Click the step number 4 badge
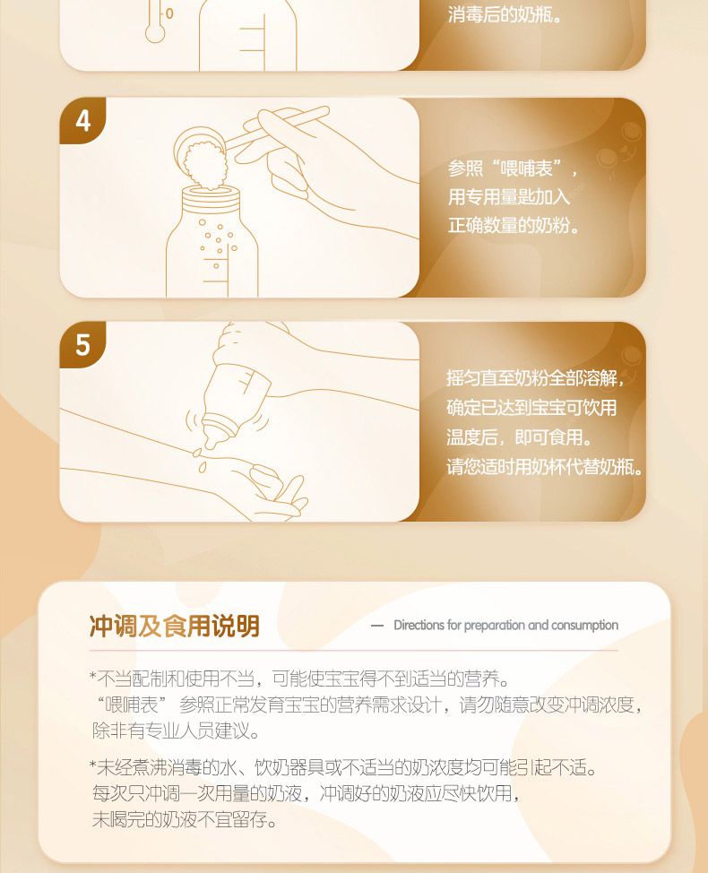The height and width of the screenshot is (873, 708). (82, 120)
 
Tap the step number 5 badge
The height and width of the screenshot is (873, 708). (82, 345)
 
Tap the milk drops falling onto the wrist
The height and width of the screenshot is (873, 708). (201, 460)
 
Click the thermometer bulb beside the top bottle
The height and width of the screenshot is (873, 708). (155, 33)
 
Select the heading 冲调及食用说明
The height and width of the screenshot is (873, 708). (174, 626)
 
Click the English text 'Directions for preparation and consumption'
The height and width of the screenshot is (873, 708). (506, 626)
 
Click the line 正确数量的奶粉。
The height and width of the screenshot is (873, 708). (514, 226)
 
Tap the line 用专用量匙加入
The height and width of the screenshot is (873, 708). (509, 196)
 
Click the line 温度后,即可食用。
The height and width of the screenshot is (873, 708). (519, 436)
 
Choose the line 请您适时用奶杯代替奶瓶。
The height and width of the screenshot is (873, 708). (544, 466)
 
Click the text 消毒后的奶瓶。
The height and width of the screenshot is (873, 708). (505, 15)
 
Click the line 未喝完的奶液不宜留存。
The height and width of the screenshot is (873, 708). (185, 819)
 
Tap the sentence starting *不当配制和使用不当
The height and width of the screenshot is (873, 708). (300, 679)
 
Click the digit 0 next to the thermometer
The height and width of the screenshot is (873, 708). (169, 13)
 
